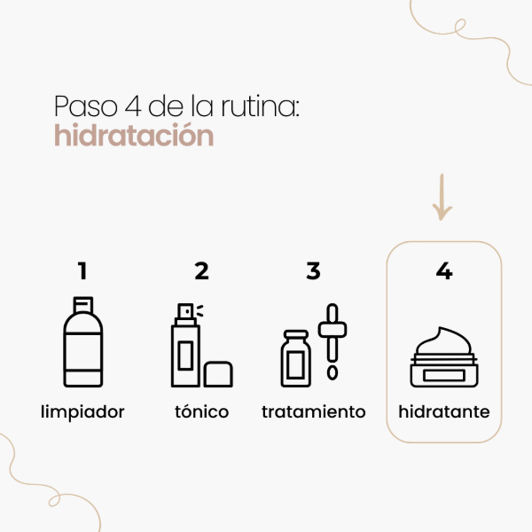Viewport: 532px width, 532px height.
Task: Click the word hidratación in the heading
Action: pyautogui.click(x=134, y=137)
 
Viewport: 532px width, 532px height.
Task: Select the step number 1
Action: pyautogui.click(x=83, y=270)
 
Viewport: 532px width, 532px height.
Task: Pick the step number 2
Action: pyautogui.click(x=201, y=270)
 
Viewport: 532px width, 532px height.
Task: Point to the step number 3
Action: pyautogui.click(x=313, y=270)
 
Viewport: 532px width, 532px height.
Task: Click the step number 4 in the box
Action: pyautogui.click(x=444, y=270)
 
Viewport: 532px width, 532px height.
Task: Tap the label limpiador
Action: pyautogui.click(x=83, y=411)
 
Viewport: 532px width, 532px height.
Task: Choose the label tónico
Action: pyautogui.click(x=201, y=411)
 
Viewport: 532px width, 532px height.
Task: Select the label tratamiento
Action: pyautogui.click(x=314, y=411)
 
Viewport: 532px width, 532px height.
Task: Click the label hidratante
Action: pyautogui.click(x=444, y=411)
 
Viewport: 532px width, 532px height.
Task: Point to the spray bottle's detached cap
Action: pyautogui.click(x=218, y=373)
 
